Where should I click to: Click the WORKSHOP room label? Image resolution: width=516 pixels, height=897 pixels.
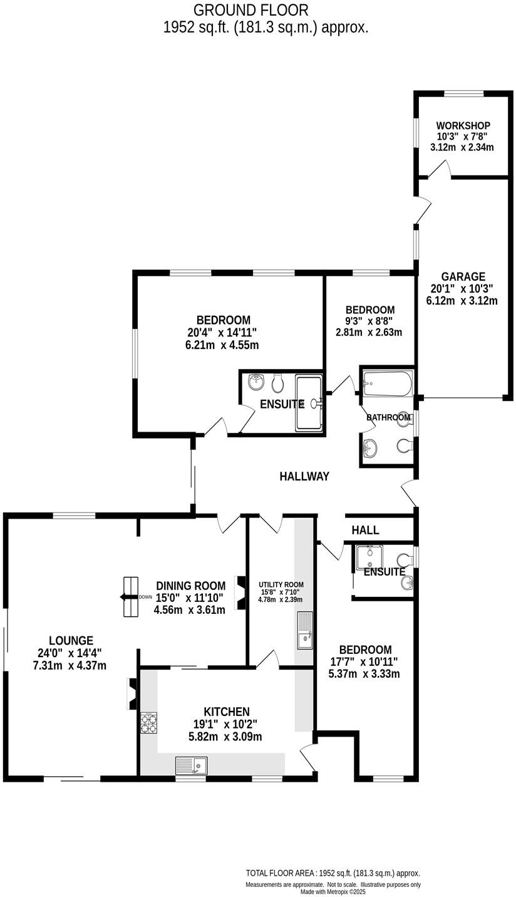click(463, 126)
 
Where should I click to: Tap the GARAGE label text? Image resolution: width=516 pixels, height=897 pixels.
click(463, 277)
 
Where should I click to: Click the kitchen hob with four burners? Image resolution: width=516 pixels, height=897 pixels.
click(148, 723)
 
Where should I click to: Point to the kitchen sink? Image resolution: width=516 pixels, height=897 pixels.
click(191, 765)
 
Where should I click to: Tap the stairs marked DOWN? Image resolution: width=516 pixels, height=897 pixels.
click(130, 596)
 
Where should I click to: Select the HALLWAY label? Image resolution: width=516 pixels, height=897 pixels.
click(304, 477)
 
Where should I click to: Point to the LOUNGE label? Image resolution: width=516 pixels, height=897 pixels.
click(71, 641)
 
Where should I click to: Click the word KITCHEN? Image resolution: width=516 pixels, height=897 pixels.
click(226, 712)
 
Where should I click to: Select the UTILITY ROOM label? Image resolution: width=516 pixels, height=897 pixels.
click(281, 584)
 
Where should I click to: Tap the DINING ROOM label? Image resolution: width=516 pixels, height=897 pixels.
click(190, 586)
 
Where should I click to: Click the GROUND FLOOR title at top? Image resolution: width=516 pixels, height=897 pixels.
click(250, 10)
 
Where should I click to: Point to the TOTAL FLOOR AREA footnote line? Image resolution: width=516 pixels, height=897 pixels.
click(333, 873)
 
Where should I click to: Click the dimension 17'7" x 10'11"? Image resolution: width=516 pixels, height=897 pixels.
click(364, 662)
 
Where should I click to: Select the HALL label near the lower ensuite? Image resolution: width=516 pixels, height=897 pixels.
click(365, 530)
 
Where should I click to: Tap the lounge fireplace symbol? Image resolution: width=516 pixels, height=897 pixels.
click(132, 693)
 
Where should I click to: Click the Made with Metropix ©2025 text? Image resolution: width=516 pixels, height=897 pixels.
click(333, 892)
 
